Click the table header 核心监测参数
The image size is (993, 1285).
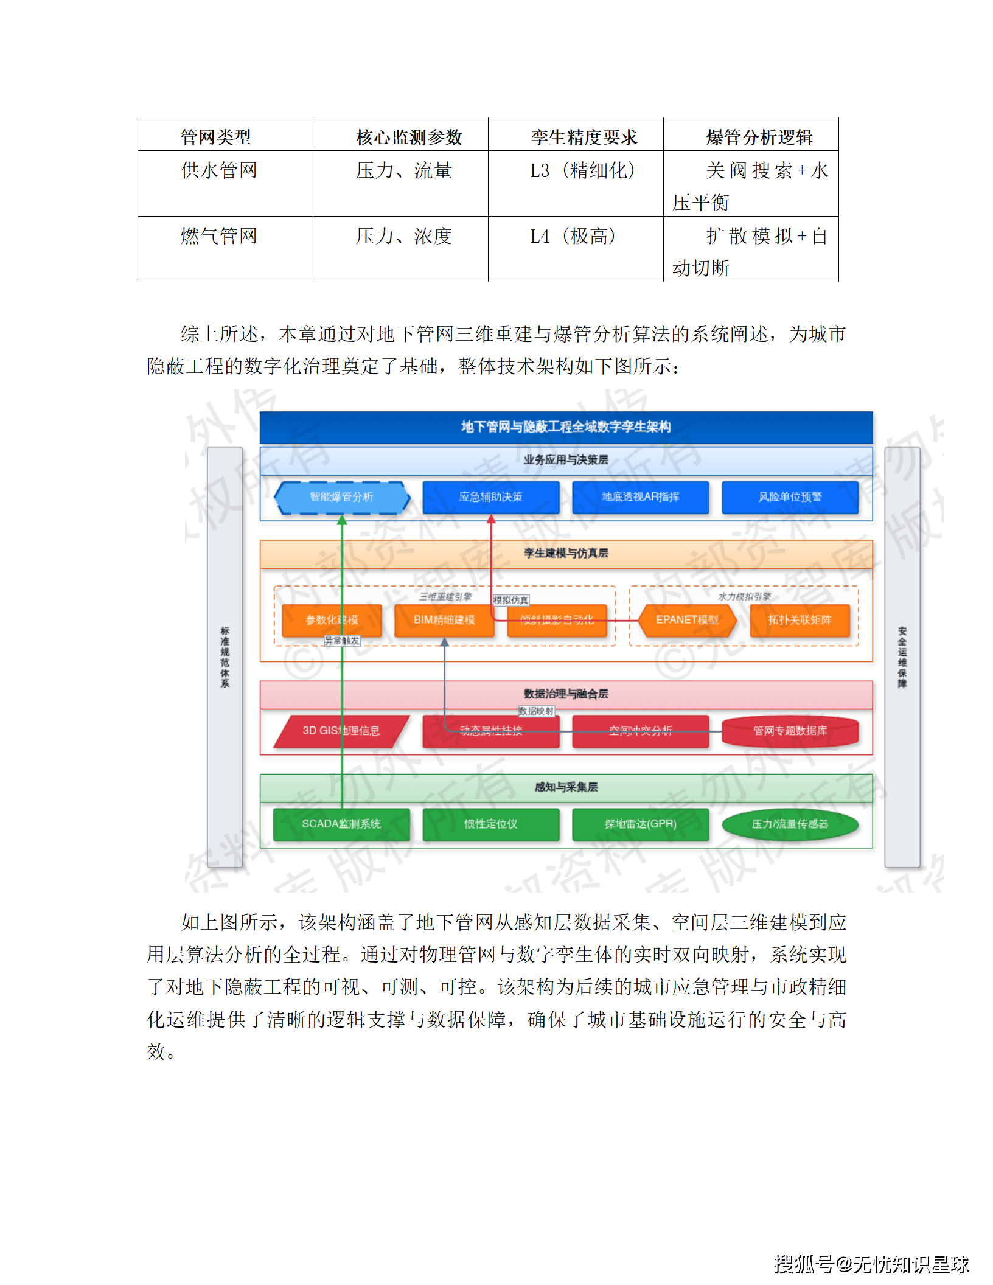click(409, 137)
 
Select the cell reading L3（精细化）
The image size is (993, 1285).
click(582, 171)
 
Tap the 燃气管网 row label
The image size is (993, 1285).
click(219, 236)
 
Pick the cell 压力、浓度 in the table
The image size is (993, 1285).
click(403, 236)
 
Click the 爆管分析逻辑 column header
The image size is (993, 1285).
click(759, 137)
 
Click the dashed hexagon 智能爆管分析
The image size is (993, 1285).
click(341, 497)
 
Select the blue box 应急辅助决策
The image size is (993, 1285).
click(490, 497)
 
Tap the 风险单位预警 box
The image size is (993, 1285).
click(790, 497)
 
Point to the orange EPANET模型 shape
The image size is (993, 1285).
click(687, 620)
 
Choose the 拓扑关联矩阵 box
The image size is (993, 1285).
click(800, 620)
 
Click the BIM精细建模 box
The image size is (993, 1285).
click(444, 620)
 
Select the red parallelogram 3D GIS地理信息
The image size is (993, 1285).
click(341, 731)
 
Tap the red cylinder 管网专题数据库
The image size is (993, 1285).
click(790, 731)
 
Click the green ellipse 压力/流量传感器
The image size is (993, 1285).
click(790, 824)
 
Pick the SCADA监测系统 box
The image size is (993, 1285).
click(341, 824)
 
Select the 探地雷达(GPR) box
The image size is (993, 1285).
click(640, 824)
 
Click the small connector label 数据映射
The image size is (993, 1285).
click(536, 711)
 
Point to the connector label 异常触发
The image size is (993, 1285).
click(342, 641)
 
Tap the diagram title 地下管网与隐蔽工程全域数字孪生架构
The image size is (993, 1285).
click(566, 427)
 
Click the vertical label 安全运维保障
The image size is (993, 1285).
click(902, 657)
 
